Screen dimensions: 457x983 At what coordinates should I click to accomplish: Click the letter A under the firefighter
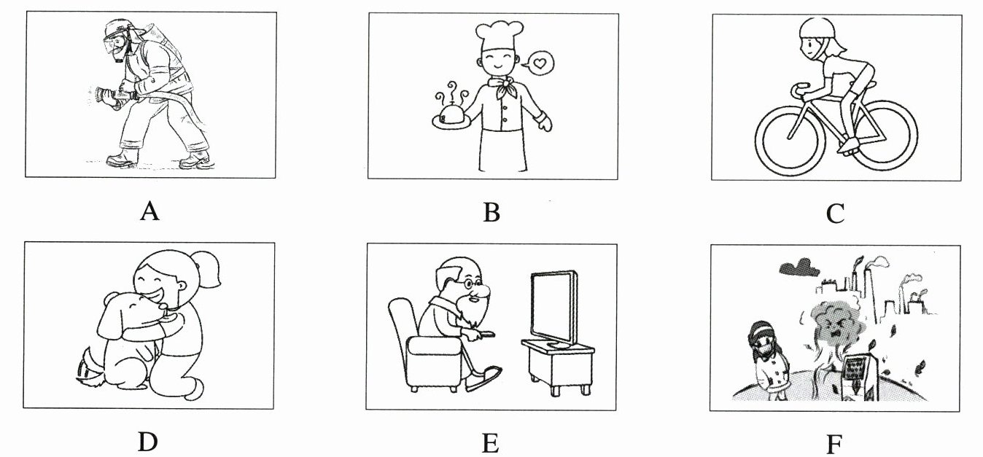(x=149, y=211)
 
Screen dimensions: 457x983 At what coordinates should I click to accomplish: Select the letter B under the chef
(x=491, y=212)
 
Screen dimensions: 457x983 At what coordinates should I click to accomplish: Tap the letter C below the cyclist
(x=835, y=214)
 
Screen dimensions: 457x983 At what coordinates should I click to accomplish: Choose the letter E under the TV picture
(x=491, y=442)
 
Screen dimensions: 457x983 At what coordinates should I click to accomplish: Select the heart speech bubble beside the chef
(x=540, y=64)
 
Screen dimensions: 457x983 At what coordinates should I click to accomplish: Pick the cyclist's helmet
(x=815, y=28)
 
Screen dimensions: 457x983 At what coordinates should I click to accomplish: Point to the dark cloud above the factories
(x=797, y=267)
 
